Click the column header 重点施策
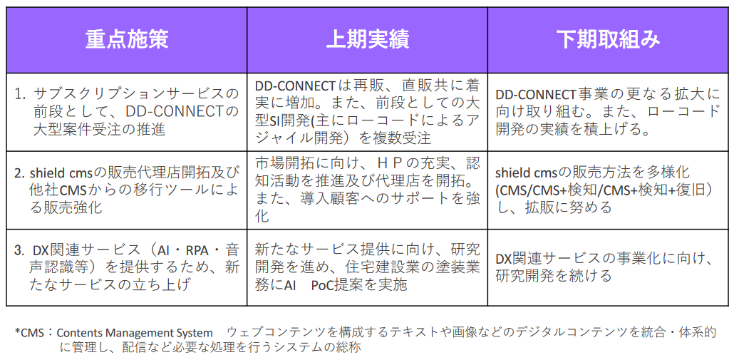[126, 40]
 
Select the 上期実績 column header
[368, 40]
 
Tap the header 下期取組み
[609, 40]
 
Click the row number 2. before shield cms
[19, 173]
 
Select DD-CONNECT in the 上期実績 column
[296, 86]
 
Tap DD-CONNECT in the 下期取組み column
[536, 95]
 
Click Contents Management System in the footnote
[135, 334]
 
